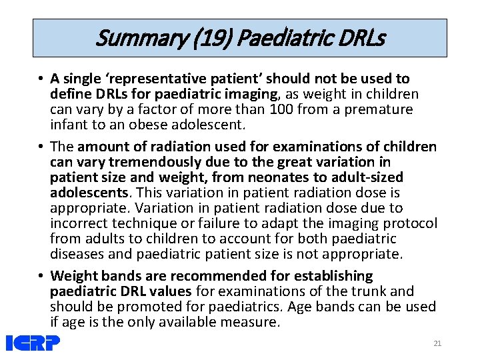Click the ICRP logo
pos(33,343)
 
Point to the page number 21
pos(437,343)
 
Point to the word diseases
pos(77,254)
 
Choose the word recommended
pos(209,276)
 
